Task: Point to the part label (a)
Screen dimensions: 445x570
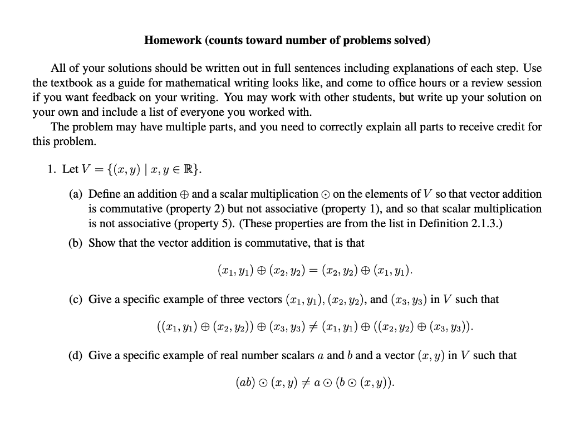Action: (76, 194)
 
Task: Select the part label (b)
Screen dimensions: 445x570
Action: (76, 243)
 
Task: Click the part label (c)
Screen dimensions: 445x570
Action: (76, 299)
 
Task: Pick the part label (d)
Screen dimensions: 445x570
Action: (76, 355)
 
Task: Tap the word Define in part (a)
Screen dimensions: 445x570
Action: (105, 194)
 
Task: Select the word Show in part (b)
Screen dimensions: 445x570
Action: (101, 243)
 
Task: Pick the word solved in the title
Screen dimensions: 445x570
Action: (414, 40)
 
